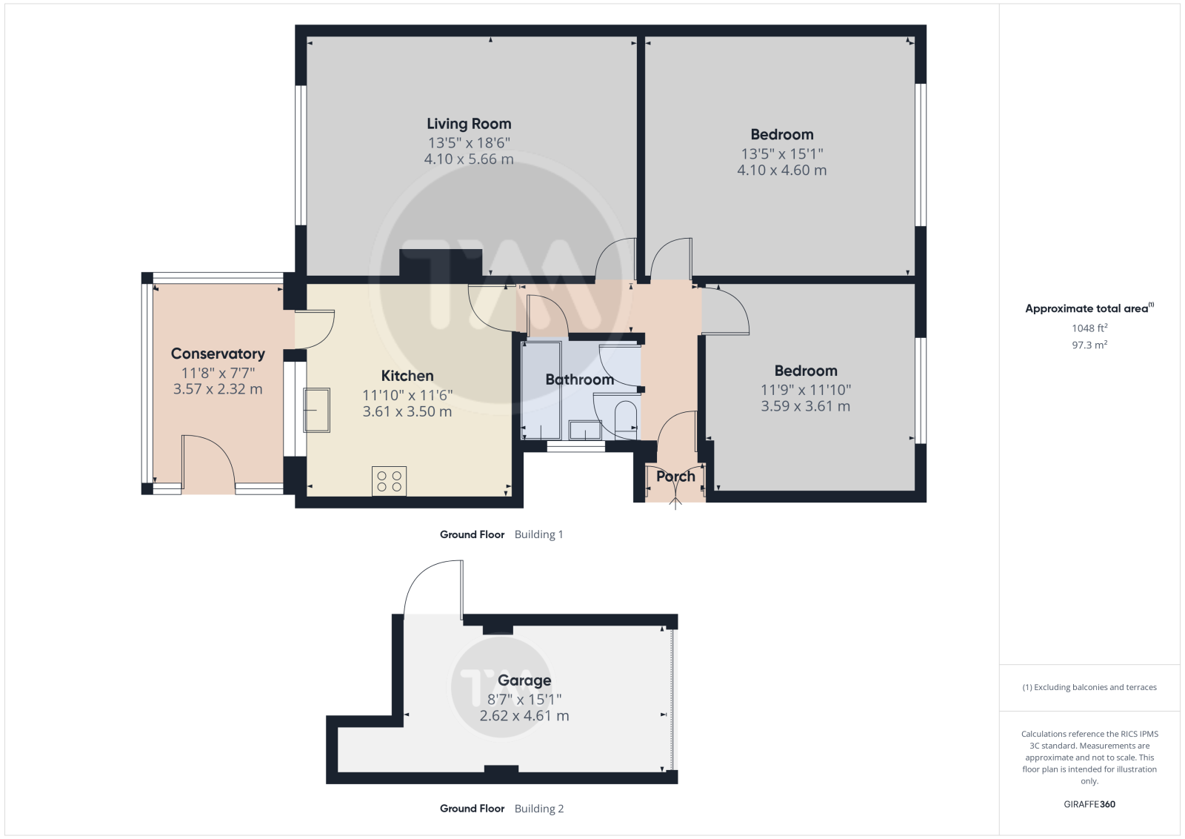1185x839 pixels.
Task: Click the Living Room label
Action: tap(469, 124)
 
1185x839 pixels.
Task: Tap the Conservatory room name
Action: tap(218, 354)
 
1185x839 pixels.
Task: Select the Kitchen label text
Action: tap(407, 376)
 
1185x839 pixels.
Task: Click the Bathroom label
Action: tap(579, 379)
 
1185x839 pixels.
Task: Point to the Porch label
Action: tap(675, 477)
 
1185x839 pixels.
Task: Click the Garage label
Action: tap(524, 680)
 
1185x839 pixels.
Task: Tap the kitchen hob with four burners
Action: tap(390, 481)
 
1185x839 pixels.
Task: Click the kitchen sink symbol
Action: tap(316, 411)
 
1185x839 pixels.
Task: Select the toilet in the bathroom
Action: tap(627, 421)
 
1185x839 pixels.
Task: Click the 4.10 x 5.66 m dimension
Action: tap(469, 159)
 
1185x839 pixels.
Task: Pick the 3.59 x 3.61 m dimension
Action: tap(805, 407)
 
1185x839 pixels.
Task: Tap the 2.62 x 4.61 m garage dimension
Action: tap(524, 716)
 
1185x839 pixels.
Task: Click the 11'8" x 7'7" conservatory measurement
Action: tap(218, 373)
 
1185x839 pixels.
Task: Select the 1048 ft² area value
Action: tap(1089, 328)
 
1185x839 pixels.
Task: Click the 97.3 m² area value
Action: tap(1089, 345)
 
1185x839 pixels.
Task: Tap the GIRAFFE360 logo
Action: tap(1089, 804)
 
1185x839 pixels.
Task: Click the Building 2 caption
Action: tap(539, 809)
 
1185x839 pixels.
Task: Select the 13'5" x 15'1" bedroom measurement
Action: tap(782, 154)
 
